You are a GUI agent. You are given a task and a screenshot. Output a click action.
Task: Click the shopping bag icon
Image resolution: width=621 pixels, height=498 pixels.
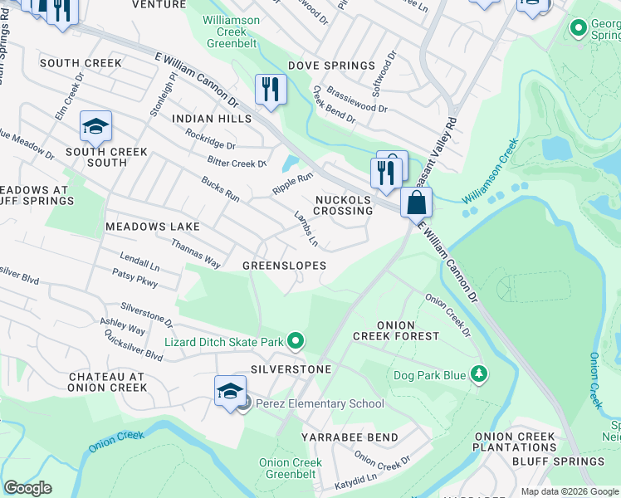(x=417, y=202)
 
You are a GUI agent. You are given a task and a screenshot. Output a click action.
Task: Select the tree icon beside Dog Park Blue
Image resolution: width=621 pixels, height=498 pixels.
(x=478, y=375)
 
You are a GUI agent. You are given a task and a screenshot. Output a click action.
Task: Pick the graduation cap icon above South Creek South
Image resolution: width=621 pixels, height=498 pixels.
(x=95, y=127)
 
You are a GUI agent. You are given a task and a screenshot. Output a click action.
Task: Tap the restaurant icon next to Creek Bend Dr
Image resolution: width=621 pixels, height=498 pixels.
(x=270, y=89)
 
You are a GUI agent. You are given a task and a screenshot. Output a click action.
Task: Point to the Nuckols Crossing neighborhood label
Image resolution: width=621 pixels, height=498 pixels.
(x=343, y=205)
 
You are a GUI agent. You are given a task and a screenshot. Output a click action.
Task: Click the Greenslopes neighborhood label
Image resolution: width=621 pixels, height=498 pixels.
(x=283, y=265)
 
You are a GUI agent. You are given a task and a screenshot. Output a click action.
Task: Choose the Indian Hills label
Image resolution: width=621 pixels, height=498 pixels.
(x=211, y=120)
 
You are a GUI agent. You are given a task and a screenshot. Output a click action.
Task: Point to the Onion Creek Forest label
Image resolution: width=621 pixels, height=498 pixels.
(x=396, y=330)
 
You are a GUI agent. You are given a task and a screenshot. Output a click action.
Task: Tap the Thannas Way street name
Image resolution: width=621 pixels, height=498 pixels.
(x=195, y=253)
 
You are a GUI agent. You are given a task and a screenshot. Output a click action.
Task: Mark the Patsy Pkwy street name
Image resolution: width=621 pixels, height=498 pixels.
(x=134, y=277)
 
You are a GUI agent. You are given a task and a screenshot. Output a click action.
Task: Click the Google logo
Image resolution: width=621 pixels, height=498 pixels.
(x=27, y=488)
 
